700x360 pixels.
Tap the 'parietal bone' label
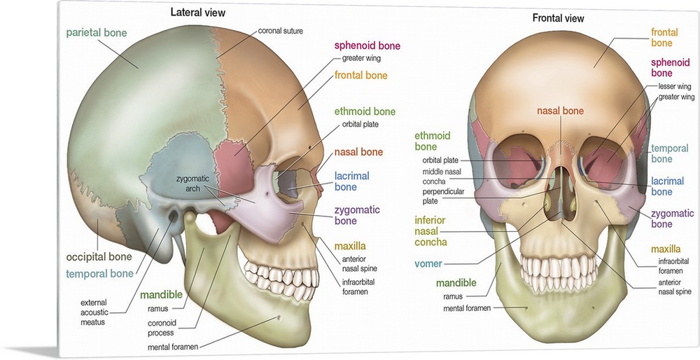[x=97, y=33]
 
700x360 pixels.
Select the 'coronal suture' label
[x=281, y=32]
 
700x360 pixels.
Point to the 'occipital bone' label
[x=99, y=256]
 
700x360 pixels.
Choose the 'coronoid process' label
[x=167, y=328]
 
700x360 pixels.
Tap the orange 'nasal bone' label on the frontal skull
[x=561, y=111]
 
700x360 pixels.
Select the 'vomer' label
[x=428, y=264]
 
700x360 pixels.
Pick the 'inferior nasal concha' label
[x=431, y=231]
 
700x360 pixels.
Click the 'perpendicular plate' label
[x=441, y=195]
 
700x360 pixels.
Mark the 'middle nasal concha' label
[x=442, y=176]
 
